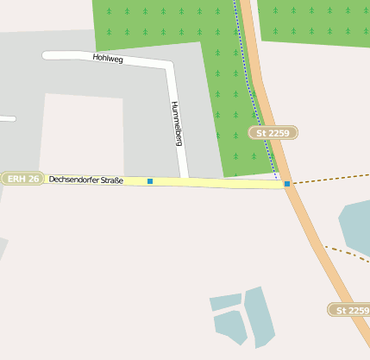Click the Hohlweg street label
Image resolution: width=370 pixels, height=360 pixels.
point(108,59)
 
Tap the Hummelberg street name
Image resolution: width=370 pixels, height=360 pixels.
point(177,123)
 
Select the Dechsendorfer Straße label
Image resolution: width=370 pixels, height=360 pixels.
point(86,180)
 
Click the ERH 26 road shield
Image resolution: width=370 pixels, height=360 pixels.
point(22,179)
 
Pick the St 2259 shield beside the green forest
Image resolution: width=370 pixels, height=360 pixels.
point(273,133)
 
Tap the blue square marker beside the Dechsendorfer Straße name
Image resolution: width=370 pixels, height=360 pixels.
point(150,181)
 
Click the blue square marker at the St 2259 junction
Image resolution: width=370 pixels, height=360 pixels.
point(287,183)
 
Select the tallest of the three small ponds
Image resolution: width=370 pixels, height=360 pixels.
point(259,315)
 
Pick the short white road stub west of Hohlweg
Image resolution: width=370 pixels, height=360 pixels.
point(6,117)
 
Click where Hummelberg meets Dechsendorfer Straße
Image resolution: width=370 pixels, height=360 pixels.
point(184,180)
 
